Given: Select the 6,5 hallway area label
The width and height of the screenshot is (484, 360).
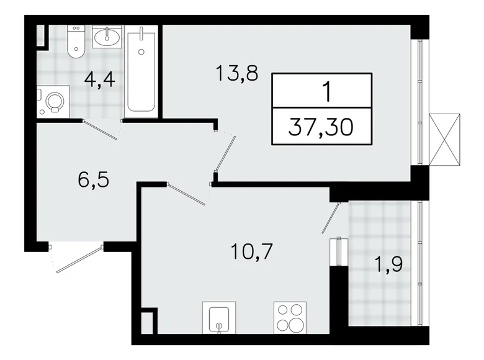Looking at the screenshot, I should click(x=90, y=181).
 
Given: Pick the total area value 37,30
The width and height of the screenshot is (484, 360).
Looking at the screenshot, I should click(x=323, y=130).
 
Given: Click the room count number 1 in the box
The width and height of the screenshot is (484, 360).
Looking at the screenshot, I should click(x=324, y=91).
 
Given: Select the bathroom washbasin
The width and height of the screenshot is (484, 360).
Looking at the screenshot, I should click(x=111, y=36).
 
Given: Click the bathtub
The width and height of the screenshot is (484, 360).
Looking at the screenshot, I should click(x=142, y=70).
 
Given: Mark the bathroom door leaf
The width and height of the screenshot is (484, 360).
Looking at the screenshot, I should click(x=101, y=130).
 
